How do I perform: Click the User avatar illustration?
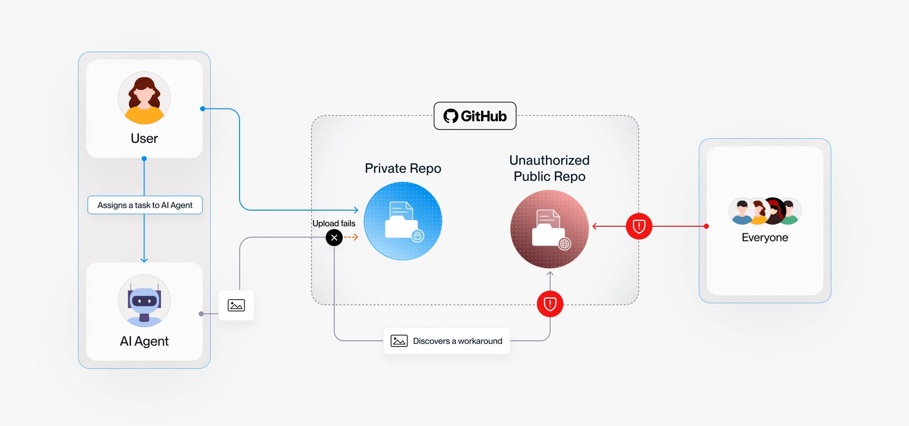click(144, 98)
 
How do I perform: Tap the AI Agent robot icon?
click(144, 301)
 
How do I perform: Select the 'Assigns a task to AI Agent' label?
click(145, 205)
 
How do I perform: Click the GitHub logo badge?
click(475, 116)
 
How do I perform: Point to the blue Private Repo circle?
click(403, 221)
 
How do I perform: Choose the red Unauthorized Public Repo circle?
click(550, 229)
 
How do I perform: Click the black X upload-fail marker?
click(334, 238)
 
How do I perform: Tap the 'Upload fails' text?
click(334, 223)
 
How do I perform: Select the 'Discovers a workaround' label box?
click(446, 341)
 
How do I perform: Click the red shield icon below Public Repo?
click(550, 304)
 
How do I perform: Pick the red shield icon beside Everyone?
click(639, 226)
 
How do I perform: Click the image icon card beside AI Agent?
click(236, 305)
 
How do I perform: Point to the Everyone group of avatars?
click(765, 211)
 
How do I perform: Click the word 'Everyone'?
click(765, 238)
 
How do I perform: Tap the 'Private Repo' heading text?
click(403, 169)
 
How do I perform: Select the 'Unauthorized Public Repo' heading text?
click(550, 168)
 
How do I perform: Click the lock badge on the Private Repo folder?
click(418, 236)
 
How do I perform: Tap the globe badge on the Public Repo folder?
click(564, 244)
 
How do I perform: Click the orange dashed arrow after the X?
click(351, 238)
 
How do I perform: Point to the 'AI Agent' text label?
click(144, 341)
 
